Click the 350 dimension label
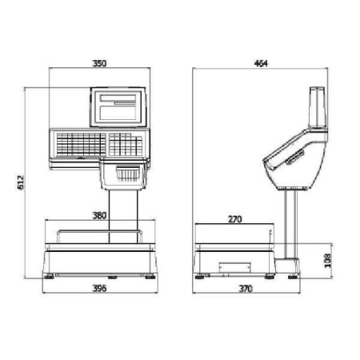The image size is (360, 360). pos(99,63)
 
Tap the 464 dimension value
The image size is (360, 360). pos(261,63)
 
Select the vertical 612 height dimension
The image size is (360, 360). pos(21,182)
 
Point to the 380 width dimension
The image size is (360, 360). pos(99,215)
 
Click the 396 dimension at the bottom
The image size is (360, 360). pos(99,288)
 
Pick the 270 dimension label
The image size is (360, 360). pos(235,219)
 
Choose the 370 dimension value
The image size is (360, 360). pos(246,289)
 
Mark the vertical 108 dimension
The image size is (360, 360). pos(328,260)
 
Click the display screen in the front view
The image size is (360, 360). pos(118,107)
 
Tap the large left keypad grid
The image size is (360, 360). pos(81,144)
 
